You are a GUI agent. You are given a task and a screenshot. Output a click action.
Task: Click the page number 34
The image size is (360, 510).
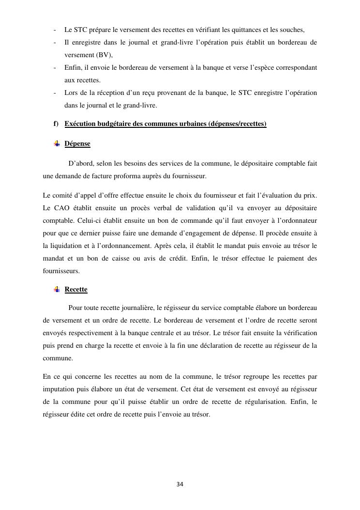pos(180,484)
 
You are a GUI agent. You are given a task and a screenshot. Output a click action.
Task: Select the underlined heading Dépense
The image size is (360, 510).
pos(77,144)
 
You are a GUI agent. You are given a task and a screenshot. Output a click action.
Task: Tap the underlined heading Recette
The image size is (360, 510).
pos(76,290)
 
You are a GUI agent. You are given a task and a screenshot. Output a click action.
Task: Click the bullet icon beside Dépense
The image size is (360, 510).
pos(57,143)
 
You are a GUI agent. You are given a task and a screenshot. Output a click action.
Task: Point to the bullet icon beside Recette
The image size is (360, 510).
pos(57,289)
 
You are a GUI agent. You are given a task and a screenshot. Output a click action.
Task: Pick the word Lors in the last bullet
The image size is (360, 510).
pos(71,93)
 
